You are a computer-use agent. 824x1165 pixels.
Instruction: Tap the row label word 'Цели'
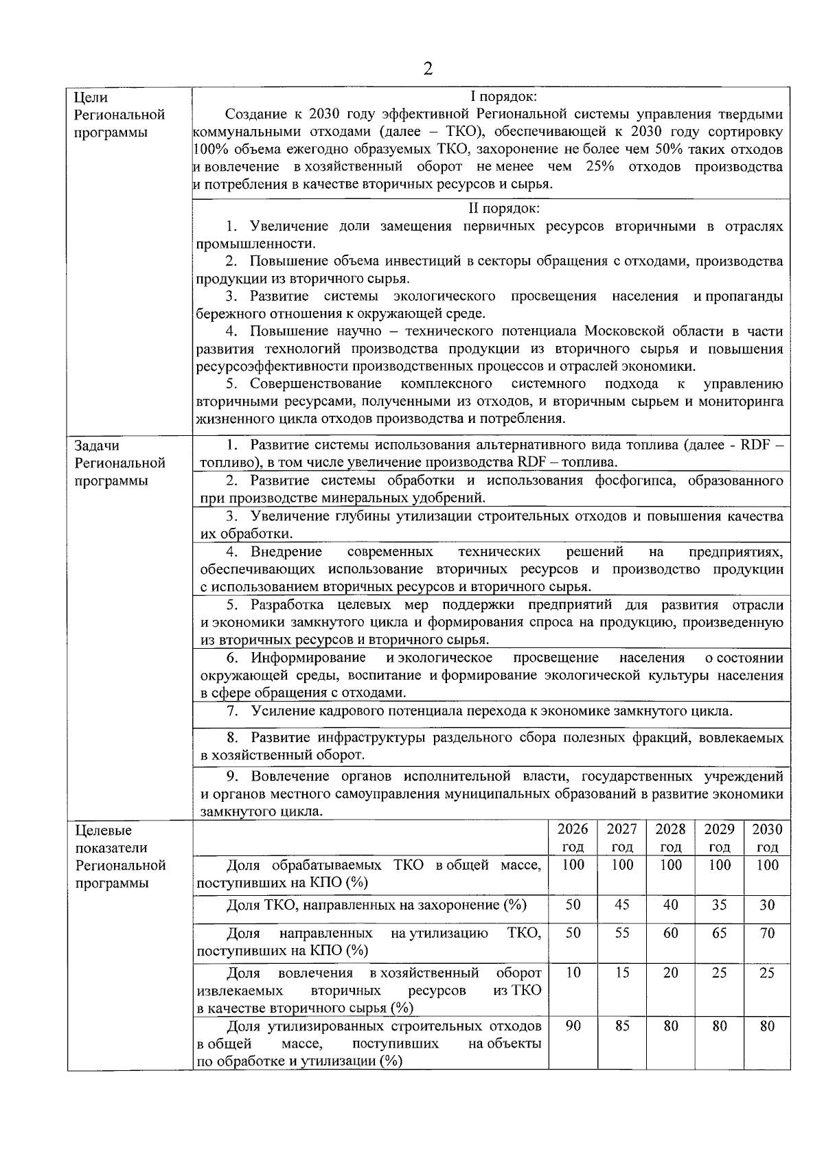[90, 97]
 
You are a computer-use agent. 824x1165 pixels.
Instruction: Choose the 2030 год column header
[767, 838]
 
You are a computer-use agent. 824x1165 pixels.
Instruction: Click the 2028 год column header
[670, 838]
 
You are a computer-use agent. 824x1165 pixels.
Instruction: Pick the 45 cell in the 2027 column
[621, 905]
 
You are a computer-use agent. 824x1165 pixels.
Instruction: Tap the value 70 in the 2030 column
[767, 933]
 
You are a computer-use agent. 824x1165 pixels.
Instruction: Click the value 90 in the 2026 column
[573, 1026]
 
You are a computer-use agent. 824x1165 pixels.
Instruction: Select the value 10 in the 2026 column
[573, 973]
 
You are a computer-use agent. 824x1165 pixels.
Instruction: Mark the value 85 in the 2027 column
[621, 1026]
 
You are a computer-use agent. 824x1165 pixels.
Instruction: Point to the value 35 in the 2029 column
[719, 905]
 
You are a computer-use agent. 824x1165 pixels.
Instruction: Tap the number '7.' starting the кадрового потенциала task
[232, 711]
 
